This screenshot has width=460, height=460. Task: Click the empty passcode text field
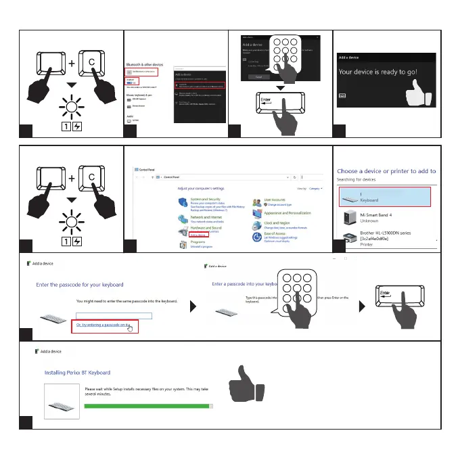(x=114, y=316)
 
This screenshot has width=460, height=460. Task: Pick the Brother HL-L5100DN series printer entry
(x=388, y=237)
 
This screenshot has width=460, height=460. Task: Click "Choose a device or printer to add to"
(x=386, y=171)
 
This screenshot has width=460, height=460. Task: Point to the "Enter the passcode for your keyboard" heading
(x=80, y=285)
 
